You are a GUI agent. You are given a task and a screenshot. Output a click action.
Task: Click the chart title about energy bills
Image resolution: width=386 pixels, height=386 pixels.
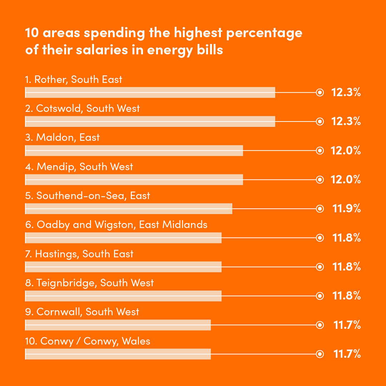tap(164, 41)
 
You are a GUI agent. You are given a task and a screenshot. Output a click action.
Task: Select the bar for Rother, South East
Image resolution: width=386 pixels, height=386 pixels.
tap(150, 92)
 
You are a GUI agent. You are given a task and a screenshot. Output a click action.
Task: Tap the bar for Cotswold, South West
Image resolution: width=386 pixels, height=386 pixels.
tap(150, 122)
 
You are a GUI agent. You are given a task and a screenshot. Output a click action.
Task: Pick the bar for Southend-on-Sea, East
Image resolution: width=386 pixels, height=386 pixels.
tap(129, 209)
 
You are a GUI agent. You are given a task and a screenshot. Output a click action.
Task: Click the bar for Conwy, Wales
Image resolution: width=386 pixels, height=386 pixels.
tap(118, 354)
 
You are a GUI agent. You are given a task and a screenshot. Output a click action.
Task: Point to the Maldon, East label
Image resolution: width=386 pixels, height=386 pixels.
tap(63, 138)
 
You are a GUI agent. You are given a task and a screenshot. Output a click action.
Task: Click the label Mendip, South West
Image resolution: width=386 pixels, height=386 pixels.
tap(79, 167)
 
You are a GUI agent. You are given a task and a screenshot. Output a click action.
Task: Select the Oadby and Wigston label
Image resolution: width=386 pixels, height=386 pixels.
tap(117, 225)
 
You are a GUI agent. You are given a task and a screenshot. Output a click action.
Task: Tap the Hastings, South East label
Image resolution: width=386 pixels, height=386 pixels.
tap(79, 254)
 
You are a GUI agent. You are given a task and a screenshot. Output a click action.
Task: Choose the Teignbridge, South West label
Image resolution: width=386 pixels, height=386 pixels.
tap(90, 283)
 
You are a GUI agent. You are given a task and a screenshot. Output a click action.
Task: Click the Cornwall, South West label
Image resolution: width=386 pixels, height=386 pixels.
tap(82, 312)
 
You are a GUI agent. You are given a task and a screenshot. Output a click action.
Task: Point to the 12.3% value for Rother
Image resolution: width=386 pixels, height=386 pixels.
tap(346, 92)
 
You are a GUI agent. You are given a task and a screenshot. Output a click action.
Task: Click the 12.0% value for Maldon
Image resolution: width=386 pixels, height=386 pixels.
tap(346, 150)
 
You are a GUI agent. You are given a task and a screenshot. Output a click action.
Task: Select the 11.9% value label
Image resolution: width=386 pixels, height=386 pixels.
tap(346, 209)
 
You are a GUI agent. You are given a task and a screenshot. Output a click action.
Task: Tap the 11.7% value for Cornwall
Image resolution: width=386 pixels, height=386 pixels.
tap(347, 325)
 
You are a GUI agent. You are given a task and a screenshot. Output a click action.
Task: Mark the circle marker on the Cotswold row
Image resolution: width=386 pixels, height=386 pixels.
tap(320, 122)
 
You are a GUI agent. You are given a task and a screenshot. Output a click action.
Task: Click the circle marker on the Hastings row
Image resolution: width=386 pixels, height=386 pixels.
tap(320, 267)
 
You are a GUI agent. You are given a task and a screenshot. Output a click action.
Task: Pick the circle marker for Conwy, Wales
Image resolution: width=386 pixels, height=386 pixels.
tap(320, 354)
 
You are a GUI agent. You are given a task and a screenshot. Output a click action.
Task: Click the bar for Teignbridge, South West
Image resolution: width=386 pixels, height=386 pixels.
tap(123, 296)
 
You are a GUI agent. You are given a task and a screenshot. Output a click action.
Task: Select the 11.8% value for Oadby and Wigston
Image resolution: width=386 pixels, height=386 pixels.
tap(346, 238)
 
